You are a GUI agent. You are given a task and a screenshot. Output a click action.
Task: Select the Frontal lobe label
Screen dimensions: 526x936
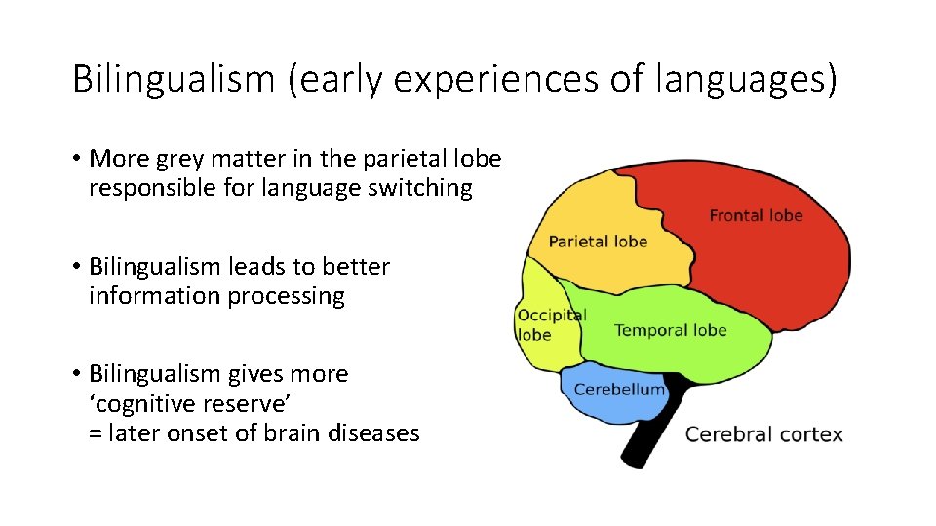tap(756, 215)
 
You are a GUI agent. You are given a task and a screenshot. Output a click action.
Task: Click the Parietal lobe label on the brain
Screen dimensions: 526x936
tap(598, 242)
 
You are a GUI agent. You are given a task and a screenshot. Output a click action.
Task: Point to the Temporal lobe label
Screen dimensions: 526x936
tap(670, 330)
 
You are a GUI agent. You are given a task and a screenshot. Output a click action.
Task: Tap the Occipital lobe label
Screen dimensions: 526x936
tap(549, 324)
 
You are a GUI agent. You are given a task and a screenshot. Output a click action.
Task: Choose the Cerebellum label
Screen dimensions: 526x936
tap(619, 389)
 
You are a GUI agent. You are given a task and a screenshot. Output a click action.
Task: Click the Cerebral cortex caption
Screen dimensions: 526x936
tap(763, 434)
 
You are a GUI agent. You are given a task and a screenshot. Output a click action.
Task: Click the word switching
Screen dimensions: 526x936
tap(425, 188)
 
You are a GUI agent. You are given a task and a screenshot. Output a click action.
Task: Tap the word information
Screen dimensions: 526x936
tap(150, 296)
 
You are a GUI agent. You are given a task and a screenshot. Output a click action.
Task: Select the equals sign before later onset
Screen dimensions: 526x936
tap(95, 434)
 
